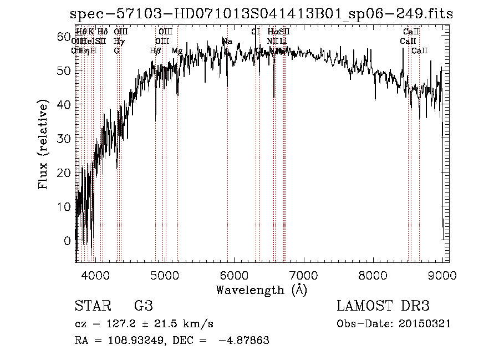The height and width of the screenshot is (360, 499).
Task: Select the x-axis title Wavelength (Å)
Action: tap(261, 290)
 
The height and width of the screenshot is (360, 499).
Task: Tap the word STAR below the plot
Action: tap(93, 306)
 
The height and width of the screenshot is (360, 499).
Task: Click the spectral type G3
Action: tap(144, 306)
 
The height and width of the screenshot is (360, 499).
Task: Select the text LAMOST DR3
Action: tap(383, 306)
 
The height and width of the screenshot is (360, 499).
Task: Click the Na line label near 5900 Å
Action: tap(227, 42)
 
